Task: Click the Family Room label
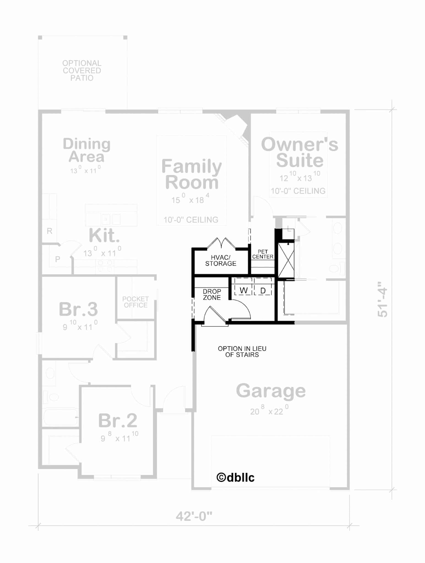click(x=191, y=174)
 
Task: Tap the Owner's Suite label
click(x=299, y=152)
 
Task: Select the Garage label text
click(x=271, y=391)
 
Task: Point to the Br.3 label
click(x=78, y=309)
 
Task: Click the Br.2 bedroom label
click(x=118, y=420)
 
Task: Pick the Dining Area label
click(x=86, y=150)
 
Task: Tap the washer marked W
click(x=243, y=290)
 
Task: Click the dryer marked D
click(x=263, y=290)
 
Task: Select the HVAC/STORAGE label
click(x=221, y=261)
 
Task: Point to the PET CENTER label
click(x=263, y=254)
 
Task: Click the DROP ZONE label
click(x=212, y=294)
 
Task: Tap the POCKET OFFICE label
click(x=136, y=302)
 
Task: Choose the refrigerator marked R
click(x=50, y=231)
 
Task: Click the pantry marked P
click(x=58, y=259)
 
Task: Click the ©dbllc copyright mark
click(x=235, y=478)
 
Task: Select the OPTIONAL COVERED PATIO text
click(x=82, y=71)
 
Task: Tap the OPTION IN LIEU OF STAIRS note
click(x=242, y=352)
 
